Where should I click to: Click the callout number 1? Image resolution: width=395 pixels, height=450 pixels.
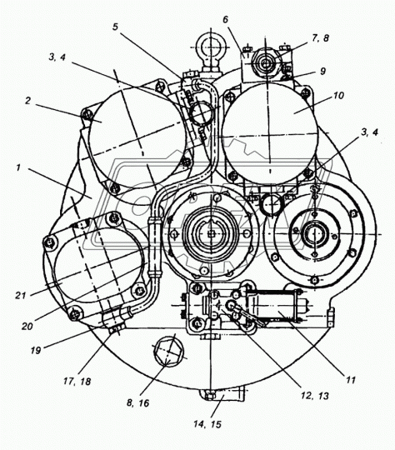pyautogui.click(x=18, y=167)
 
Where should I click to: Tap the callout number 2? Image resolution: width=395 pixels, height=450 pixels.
pyautogui.click(x=27, y=101)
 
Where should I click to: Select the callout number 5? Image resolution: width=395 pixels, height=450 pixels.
pyautogui.click(x=115, y=27)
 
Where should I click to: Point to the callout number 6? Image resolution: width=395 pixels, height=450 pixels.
pyautogui.click(x=225, y=19)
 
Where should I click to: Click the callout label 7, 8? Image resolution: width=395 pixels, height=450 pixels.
pyautogui.click(x=319, y=37)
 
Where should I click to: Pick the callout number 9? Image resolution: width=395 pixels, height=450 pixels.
pyautogui.click(x=323, y=71)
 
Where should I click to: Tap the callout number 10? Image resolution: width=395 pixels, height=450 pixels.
pyautogui.click(x=338, y=95)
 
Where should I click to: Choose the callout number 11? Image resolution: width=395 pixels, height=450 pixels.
pyautogui.click(x=350, y=380)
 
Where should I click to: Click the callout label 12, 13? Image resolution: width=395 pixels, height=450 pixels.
pyautogui.click(x=315, y=396)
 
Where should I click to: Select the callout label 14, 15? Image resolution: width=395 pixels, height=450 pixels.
pyautogui.click(x=207, y=424)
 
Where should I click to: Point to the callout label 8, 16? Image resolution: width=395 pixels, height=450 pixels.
pyautogui.click(x=138, y=403)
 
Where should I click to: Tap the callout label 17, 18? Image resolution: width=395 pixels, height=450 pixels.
pyautogui.click(x=77, y=381)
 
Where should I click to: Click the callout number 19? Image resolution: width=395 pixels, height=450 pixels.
pyautogui.click(x=36, y=350)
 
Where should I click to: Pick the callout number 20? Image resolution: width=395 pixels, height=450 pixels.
pyautogui.click(x=27, y=326)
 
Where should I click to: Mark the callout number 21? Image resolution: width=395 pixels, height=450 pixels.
pyautogui.click(x=21, y=295)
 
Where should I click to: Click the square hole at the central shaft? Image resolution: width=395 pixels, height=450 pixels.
pyautogui.click(x=212, y=234)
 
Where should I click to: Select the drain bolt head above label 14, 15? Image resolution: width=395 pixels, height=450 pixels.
pyautogui.click(x=210, y=397)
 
